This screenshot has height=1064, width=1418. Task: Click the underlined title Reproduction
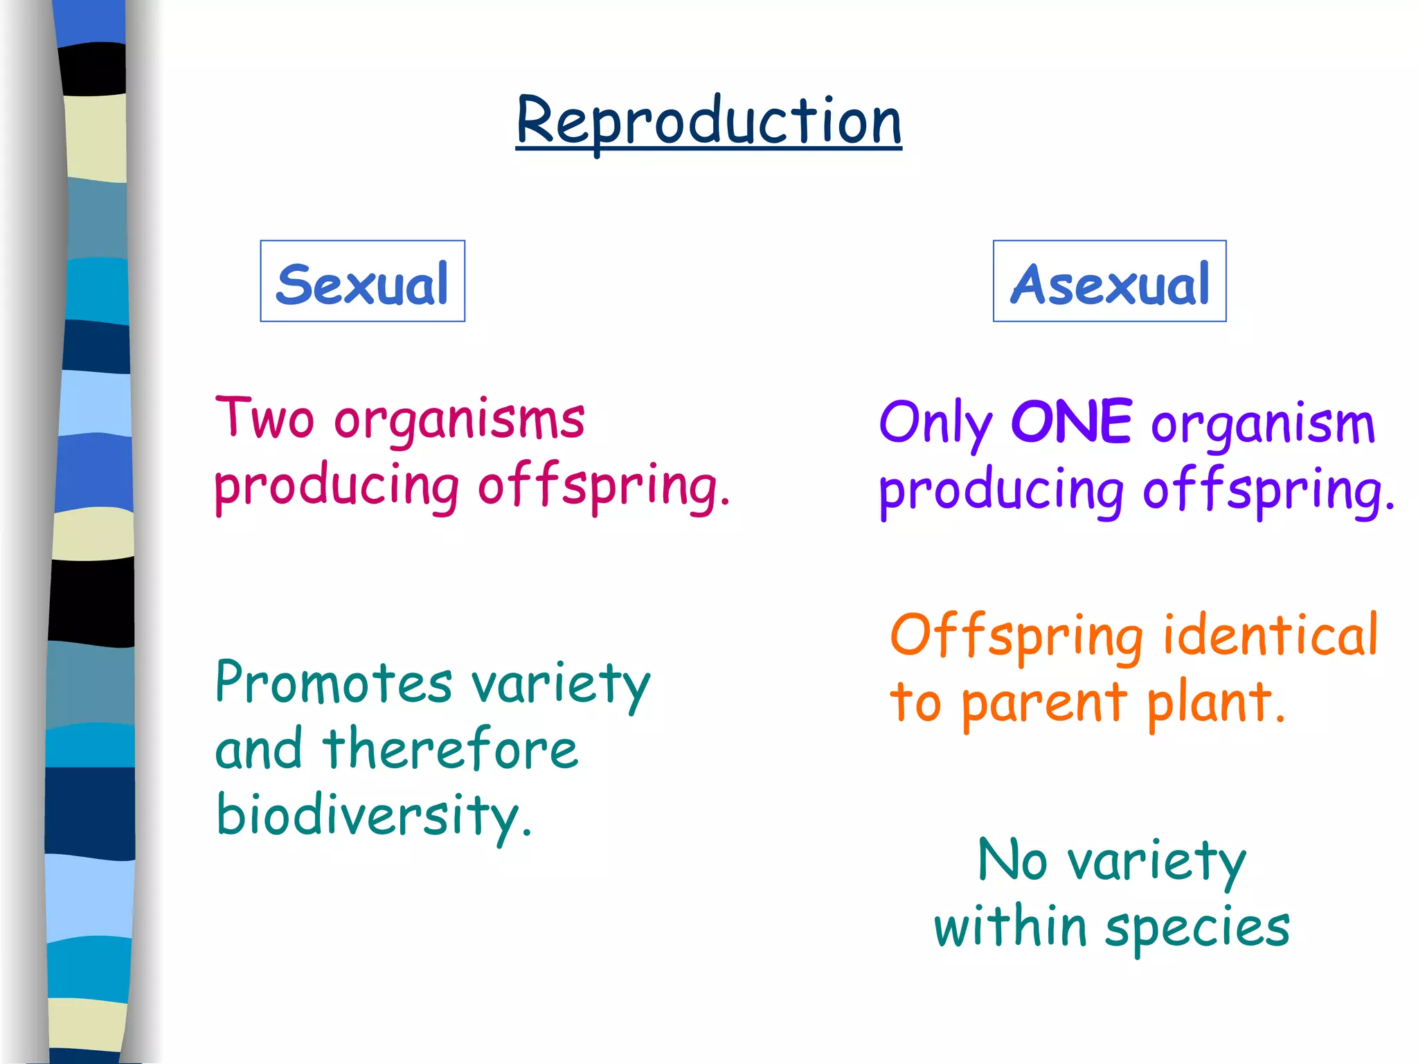tap(708, 122)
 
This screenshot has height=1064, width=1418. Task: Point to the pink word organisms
tap(459, 421)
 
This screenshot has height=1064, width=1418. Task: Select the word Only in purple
tap(935, 424)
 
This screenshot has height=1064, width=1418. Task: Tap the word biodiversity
tap(374, 816)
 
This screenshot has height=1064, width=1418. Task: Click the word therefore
tap(450, 750)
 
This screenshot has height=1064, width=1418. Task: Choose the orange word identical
tap(1271, 635)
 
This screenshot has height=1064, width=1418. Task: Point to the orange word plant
tap(1215, 702)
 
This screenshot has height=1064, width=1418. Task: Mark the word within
tap(1010, 927)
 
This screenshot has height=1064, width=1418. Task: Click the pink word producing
tap(336, 488)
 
